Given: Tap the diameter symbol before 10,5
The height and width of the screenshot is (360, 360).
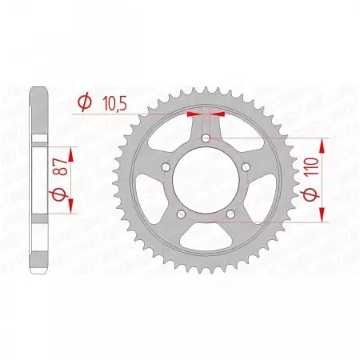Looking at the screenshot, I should pos(82,102).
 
